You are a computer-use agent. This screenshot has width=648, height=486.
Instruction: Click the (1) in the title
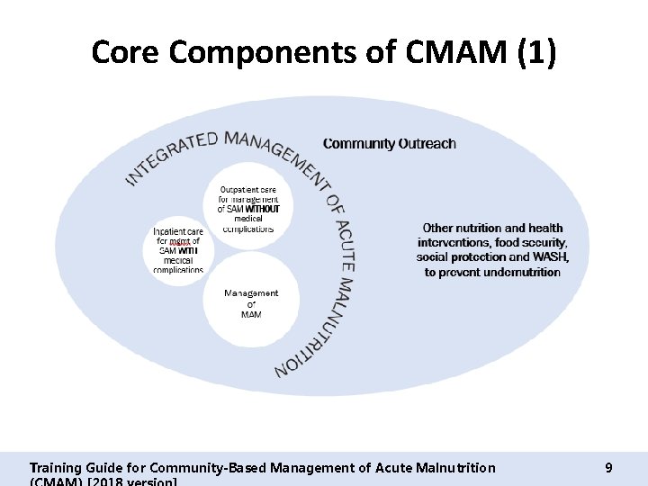[x=535, y=53]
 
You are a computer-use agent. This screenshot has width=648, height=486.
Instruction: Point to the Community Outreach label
[x=389, y=143]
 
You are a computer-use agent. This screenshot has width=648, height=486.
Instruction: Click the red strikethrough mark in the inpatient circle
[x=179, y=243]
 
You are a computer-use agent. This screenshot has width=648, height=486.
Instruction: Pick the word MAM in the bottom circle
[x=251, y=314]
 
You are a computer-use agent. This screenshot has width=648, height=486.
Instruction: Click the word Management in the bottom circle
[x=251, y=293]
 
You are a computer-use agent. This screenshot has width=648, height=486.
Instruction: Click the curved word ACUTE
[x=345, y=240]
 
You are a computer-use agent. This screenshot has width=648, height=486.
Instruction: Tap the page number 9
[x=609, y=467]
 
